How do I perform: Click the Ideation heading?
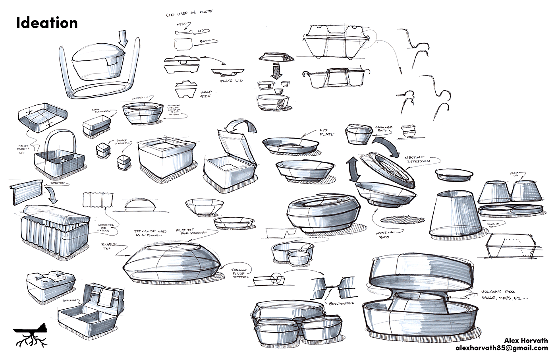click(47, 23)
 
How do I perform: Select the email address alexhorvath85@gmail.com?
click(502, 348)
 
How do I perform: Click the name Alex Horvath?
click(526, 340)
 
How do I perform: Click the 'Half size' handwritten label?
click(206, 94)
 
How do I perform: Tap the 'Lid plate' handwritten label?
click(327, 132)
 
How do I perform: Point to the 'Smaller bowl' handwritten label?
click(384, 130)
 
